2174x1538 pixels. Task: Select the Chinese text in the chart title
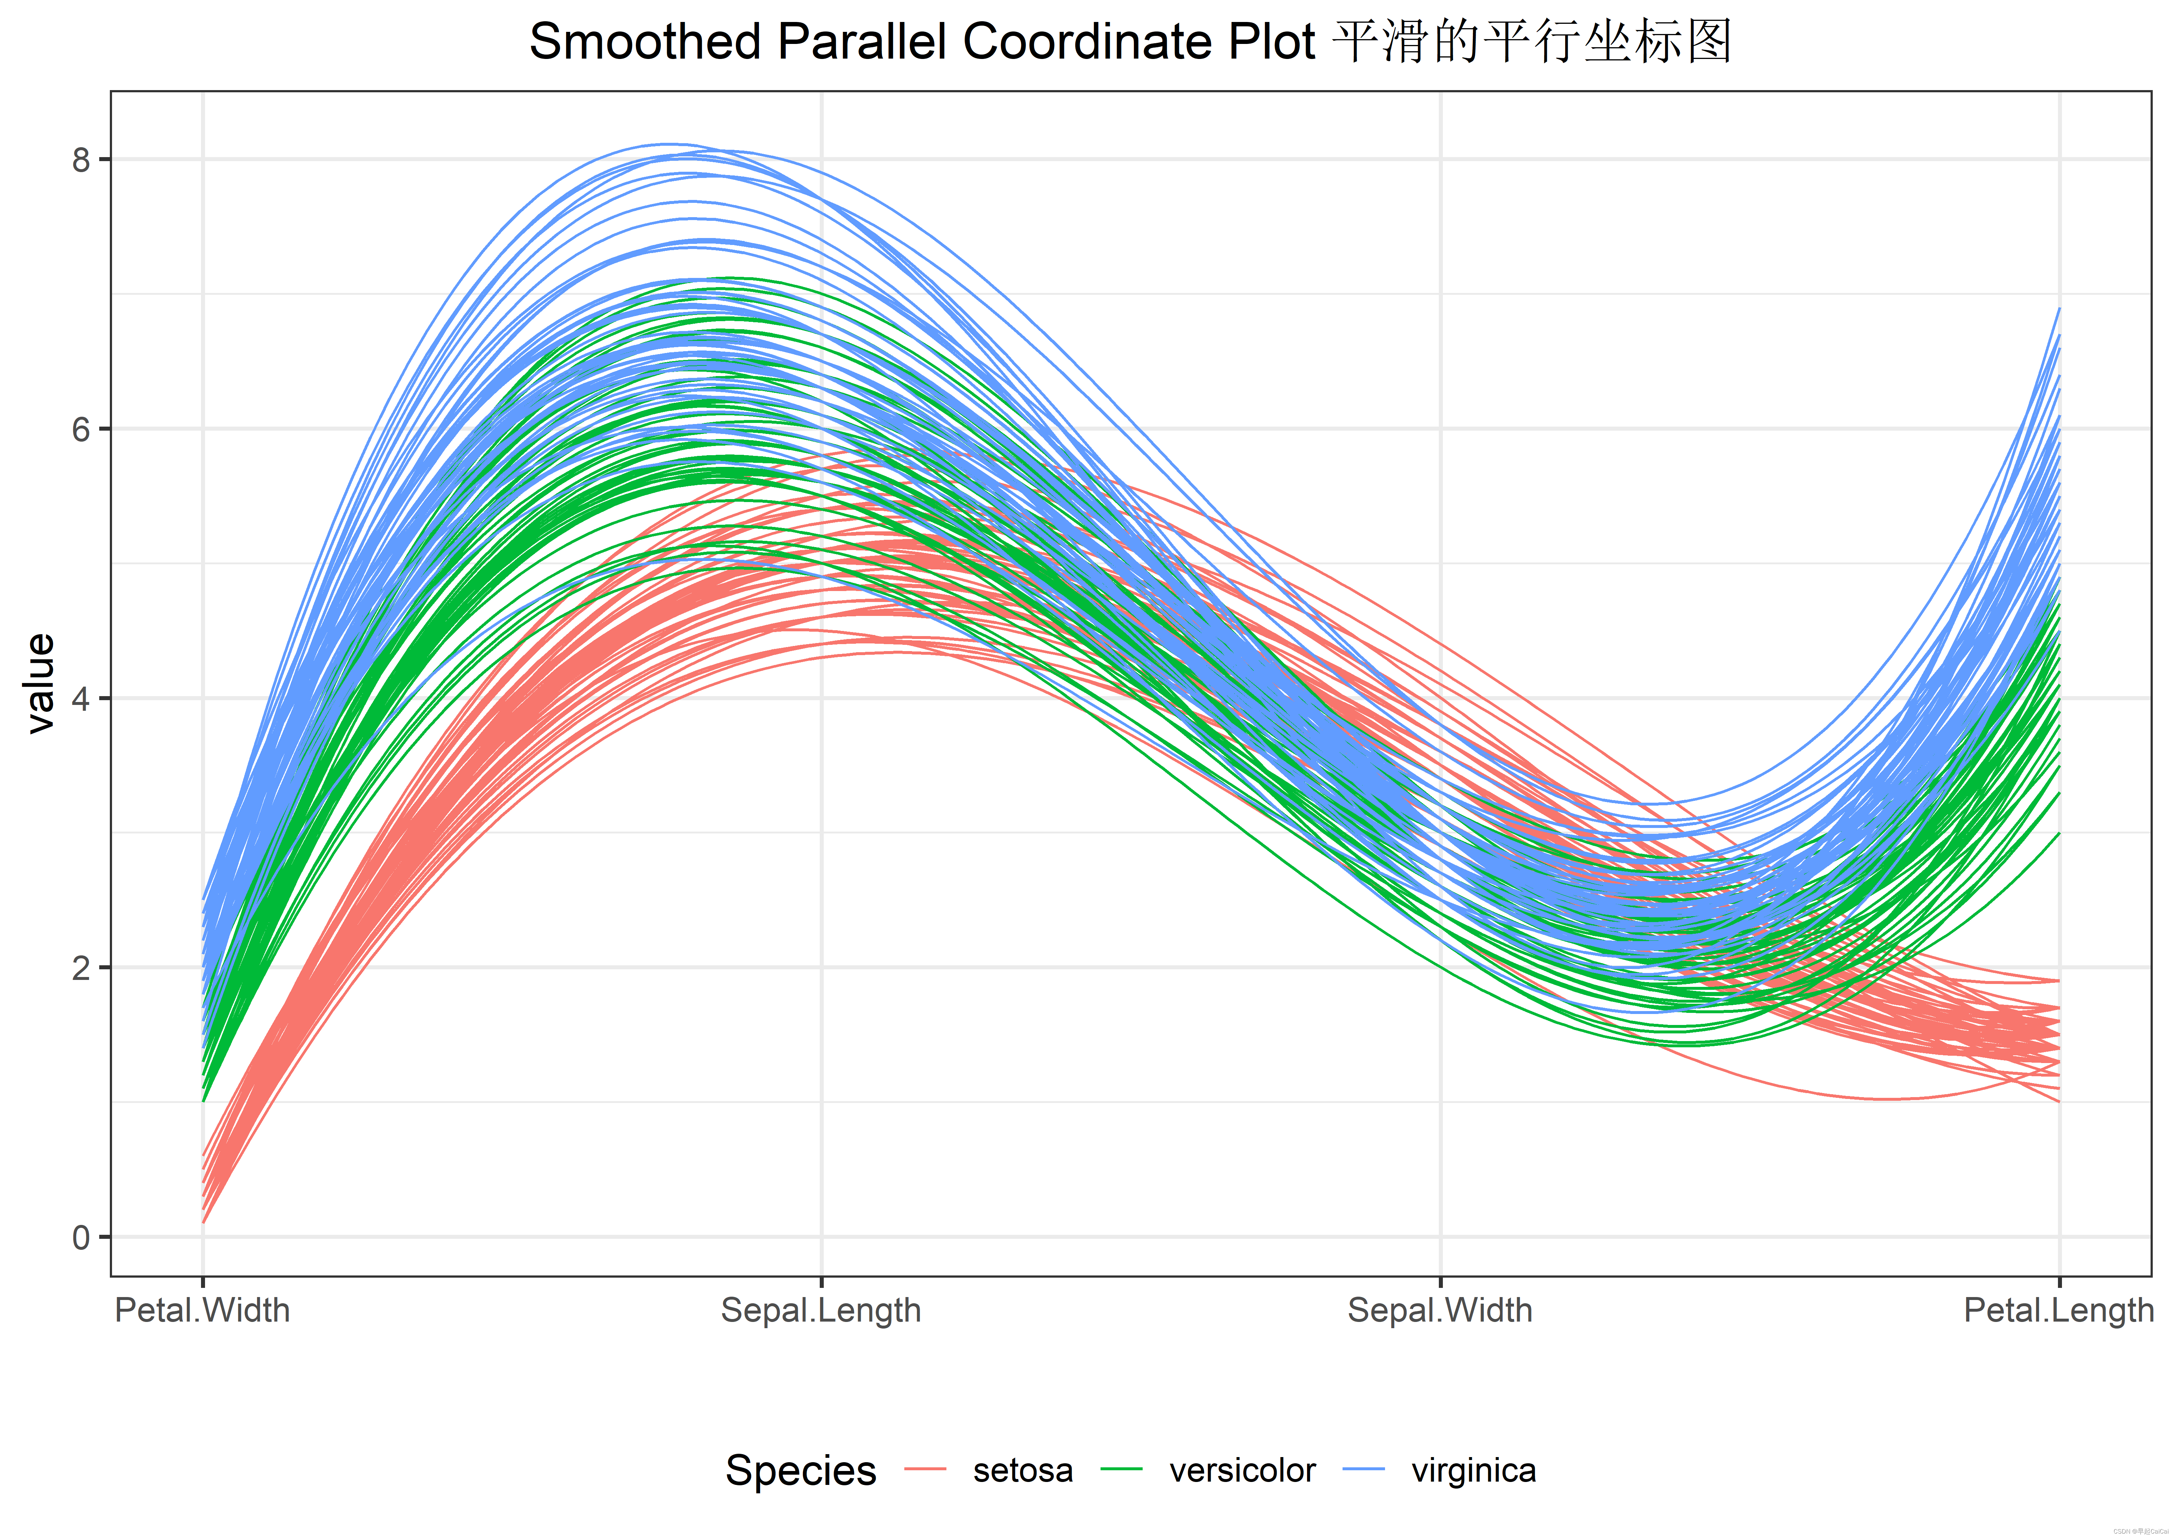(x=1531, y=42)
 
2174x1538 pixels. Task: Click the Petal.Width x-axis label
(x=202, y=1311)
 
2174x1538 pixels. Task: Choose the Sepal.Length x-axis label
(x=821, y=1311)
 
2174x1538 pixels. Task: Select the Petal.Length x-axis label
(x=2058, y=1311)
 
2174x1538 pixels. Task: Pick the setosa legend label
(x=1023, y=1471)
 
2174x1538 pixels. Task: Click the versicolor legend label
(x=1242, y=1471)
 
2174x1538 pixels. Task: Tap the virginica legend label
(x=1473, y=1471)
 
